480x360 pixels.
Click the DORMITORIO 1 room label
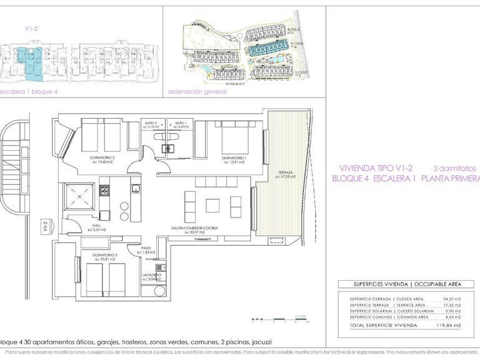234,158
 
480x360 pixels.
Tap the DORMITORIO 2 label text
101,158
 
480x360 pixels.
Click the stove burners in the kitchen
106,189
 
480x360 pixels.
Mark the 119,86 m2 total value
448,326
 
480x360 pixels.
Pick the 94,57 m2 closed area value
449,299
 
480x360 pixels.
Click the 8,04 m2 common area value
449,317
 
